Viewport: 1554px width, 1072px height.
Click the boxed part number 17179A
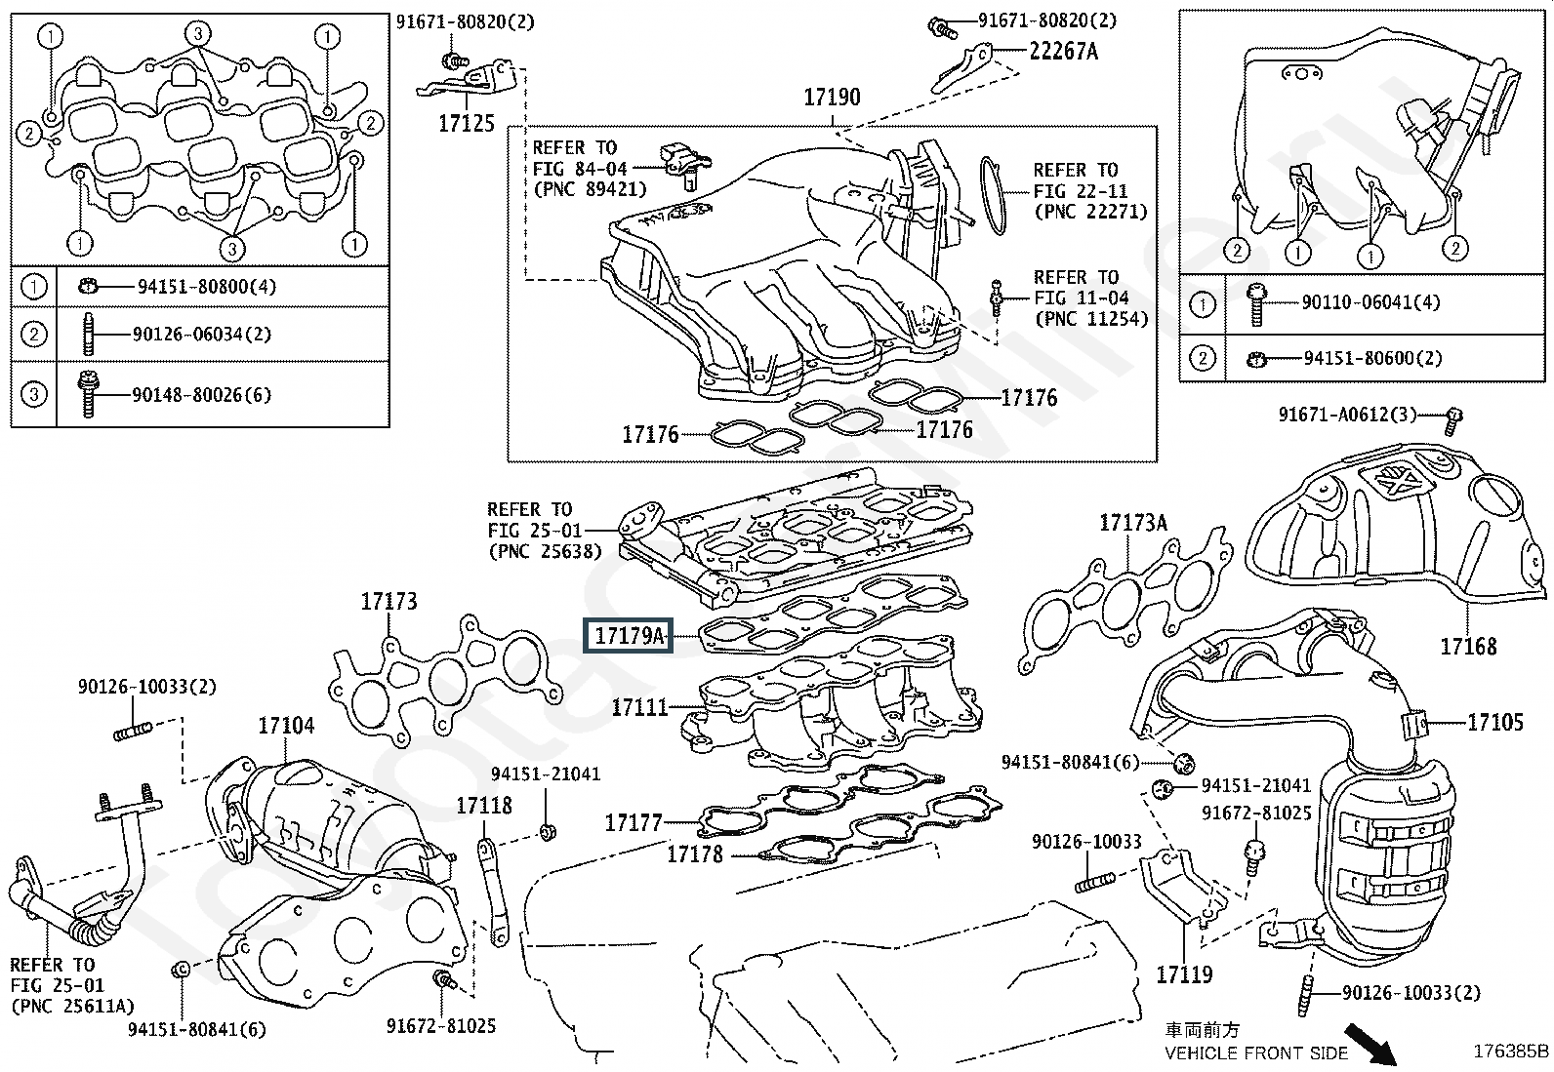click(629, 637)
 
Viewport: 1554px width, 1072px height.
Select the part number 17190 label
click(832, 98)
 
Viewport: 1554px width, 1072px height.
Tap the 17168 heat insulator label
click(1468, 646)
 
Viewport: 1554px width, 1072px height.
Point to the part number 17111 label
click(639, 707)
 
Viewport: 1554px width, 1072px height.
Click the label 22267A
click(1063, 51)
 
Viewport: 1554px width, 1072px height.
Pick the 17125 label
click(466, 124)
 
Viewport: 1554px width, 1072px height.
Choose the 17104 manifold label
click(286, 726)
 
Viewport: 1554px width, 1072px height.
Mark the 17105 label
click(1495, 722)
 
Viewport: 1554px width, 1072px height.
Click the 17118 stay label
click(484, 805)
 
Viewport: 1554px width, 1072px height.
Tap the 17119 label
click(1184, 974)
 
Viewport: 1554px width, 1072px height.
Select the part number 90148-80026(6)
click(202, 395)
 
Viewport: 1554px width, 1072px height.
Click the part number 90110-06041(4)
click(1370, 302)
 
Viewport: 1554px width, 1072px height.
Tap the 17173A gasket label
click(1132, 523)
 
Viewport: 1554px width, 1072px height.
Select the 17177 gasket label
click(633, 823)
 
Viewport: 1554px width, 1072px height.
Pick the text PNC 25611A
click(73, 1006)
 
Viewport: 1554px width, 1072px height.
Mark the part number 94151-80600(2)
click(1372, 359)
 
